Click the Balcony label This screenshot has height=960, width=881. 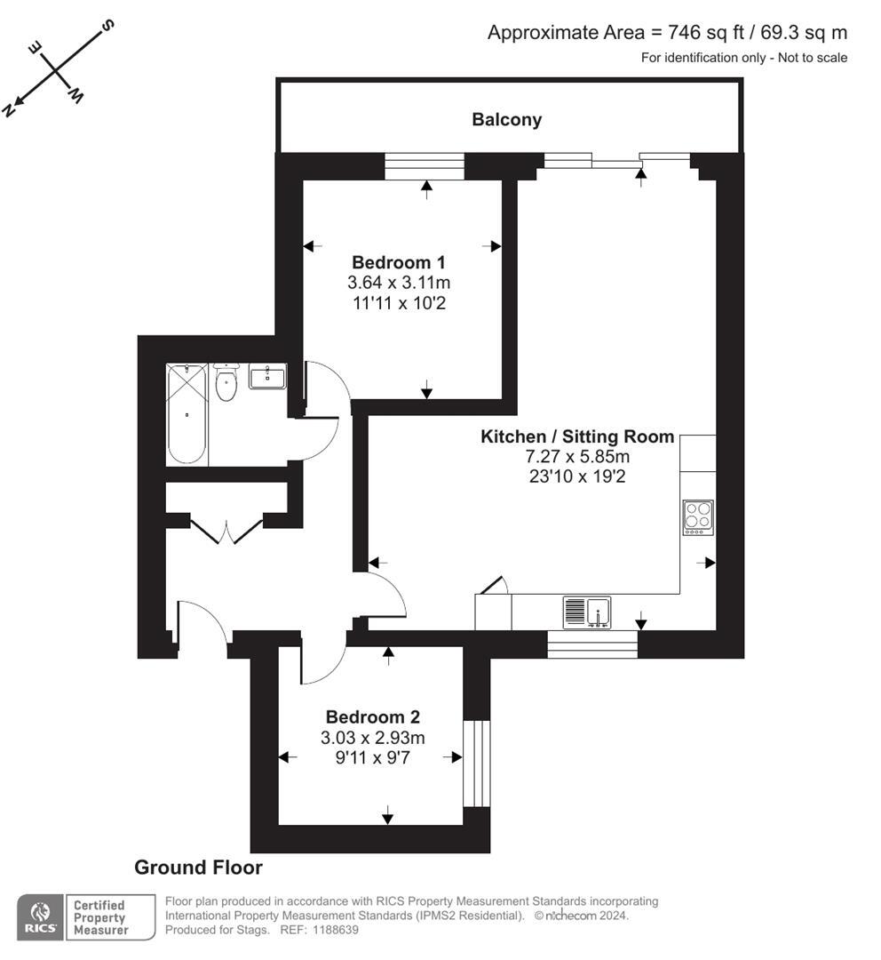click(506, 120)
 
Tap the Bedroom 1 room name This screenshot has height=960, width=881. click(398, 263)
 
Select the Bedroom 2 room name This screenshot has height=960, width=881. click(372, 717)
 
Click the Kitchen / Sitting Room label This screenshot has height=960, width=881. click(577, 437)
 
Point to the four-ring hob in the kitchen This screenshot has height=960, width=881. click(697, 517)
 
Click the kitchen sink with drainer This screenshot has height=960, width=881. click(586, 612)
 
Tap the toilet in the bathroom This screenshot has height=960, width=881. click(226, 384)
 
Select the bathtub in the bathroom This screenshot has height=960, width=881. click(187, 413)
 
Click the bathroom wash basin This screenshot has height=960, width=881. click(267, 377)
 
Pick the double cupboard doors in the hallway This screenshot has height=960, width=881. click(227, 531)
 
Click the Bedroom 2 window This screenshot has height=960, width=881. click(477, 763)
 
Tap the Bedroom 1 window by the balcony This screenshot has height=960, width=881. click(425, 166)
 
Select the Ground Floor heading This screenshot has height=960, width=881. click(198, 868)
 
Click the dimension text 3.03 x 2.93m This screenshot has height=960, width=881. click(372, 738)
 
